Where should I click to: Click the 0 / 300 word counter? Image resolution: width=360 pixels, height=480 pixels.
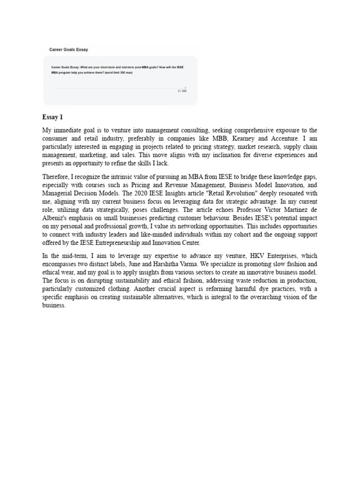point(182,91)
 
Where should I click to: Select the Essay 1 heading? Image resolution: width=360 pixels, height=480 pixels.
point(52,117)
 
